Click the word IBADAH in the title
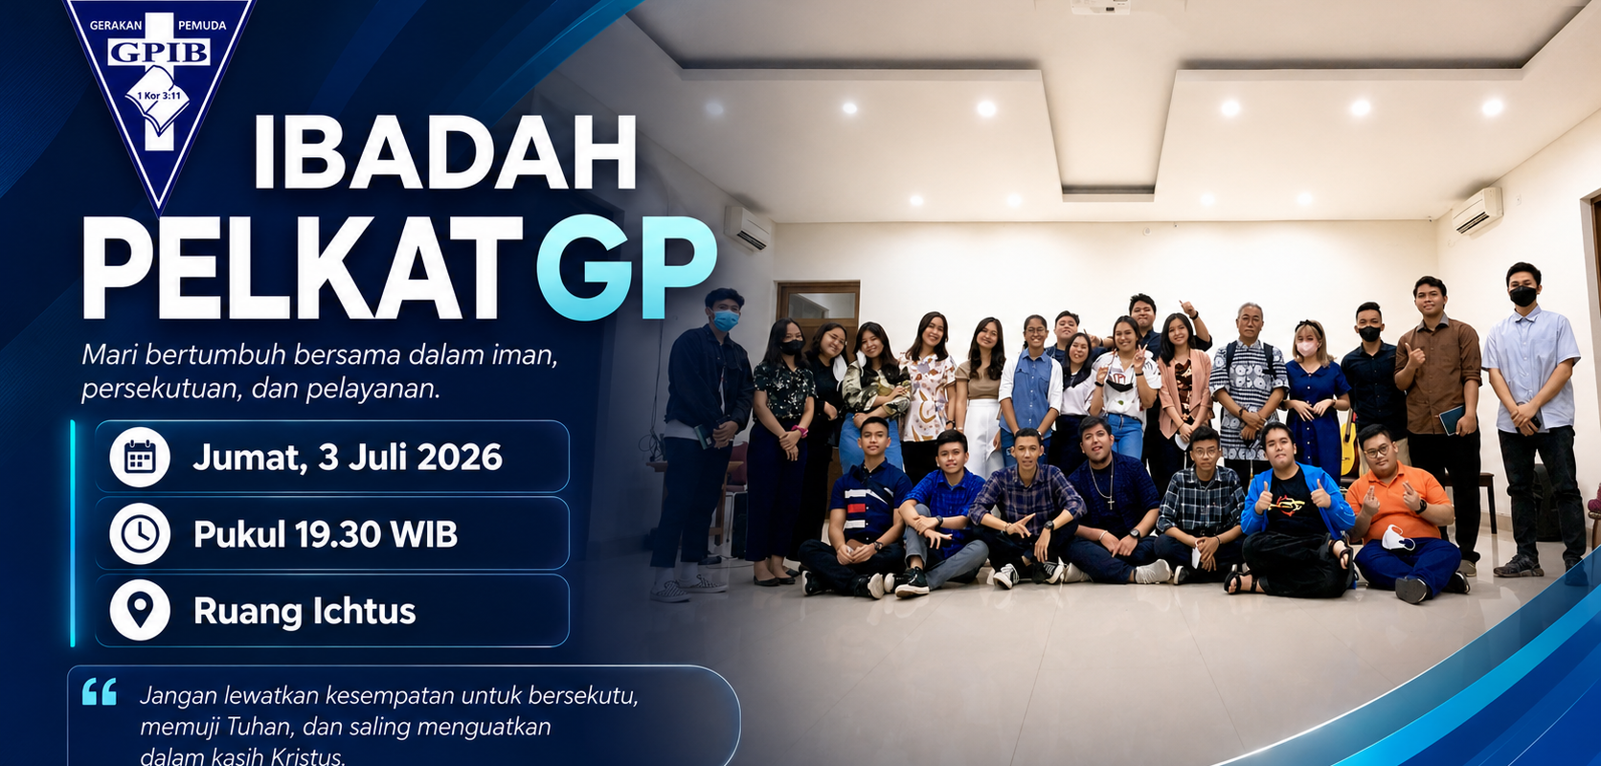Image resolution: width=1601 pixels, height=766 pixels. (x=445, y=151)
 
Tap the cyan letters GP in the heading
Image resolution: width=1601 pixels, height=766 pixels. (x=627, y=267)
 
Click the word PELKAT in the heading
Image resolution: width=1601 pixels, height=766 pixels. (x=303, y=267)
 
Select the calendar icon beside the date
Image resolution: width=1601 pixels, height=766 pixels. (x=140, y=458)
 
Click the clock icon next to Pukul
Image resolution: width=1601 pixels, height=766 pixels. (x=140, y=533)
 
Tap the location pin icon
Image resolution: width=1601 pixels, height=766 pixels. (x=140, y=610)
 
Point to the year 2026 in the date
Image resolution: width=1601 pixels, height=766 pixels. (x=461, y=458)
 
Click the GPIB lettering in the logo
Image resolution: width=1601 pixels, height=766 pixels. (x=160, y=53)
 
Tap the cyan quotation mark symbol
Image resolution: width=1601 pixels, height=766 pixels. (x=100, y=691)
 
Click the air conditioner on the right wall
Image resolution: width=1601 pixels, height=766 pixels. (x=1477, y=210)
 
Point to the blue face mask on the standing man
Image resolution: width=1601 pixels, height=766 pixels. (x=726, y=320)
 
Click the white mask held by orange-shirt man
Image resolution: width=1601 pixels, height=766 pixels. (x=1397, y=538)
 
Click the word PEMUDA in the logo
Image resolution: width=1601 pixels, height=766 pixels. (x=201, y=26)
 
